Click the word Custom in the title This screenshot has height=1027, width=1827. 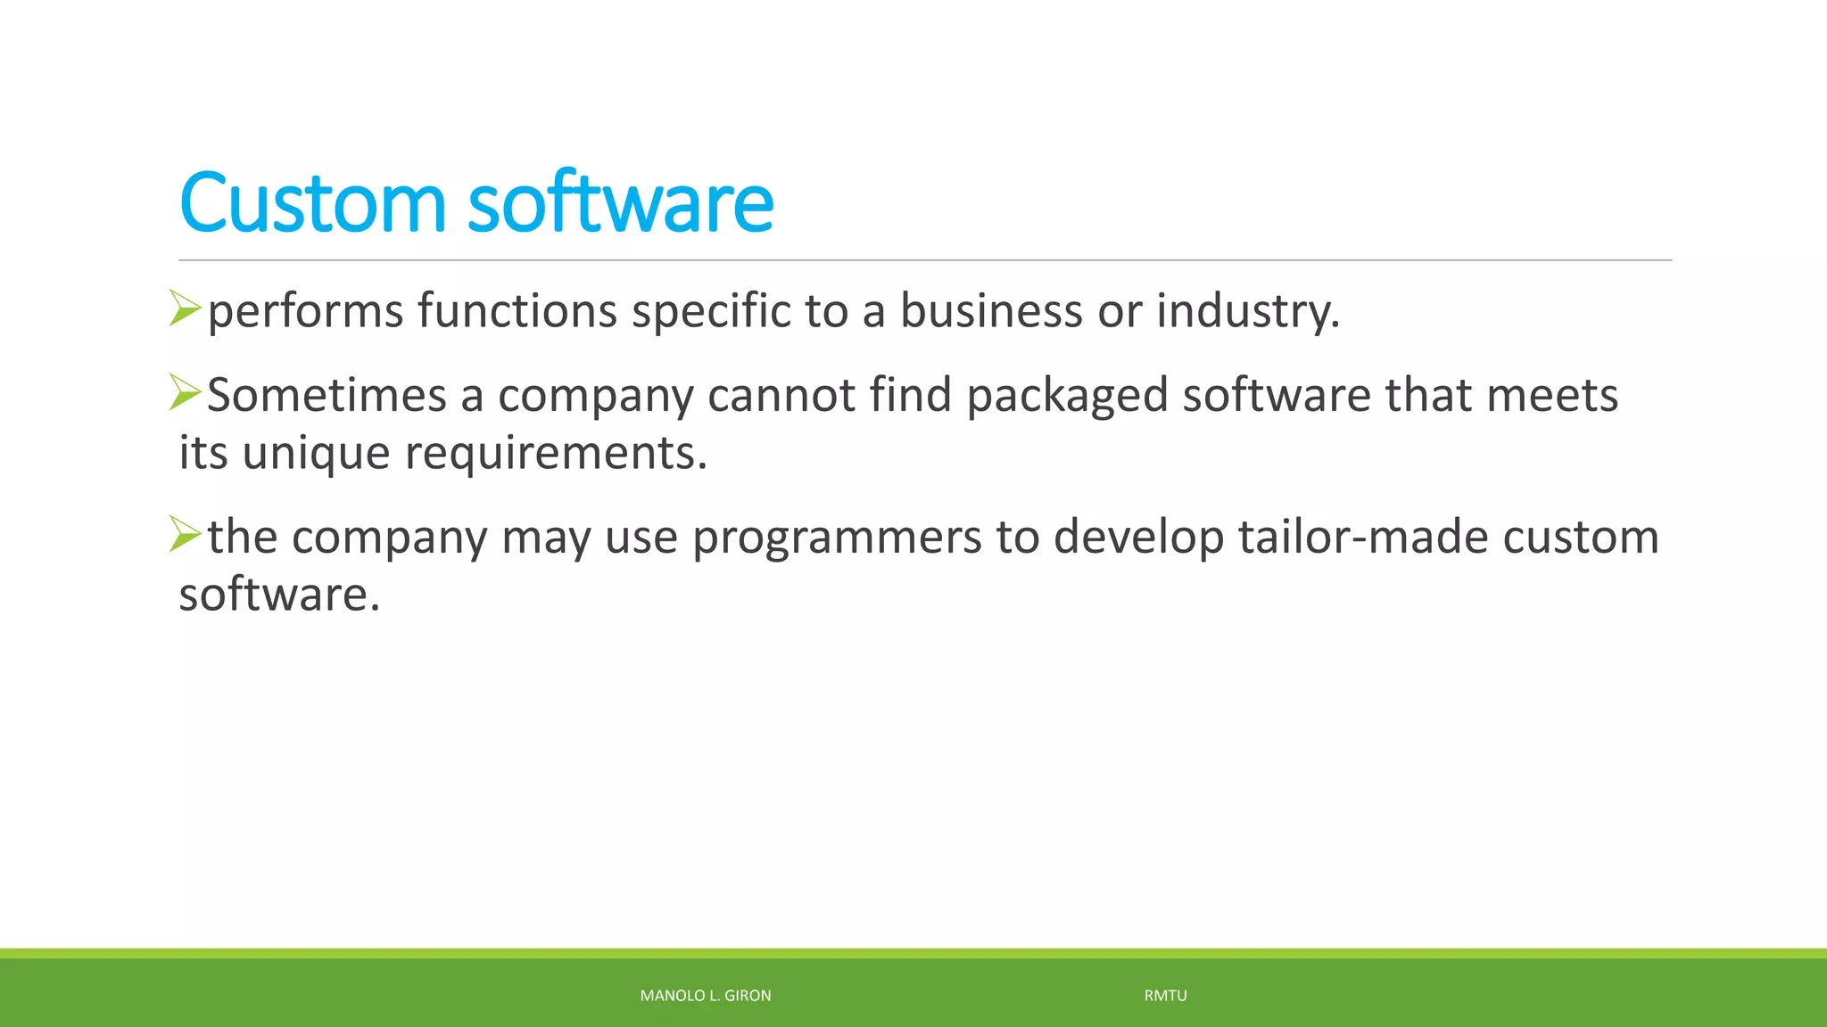[x=311, y=203]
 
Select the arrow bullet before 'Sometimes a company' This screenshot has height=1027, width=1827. [x=186, y=392]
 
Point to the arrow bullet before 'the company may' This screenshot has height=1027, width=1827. [x=186, y=534]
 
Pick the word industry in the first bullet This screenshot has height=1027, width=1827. [x=1248, y=312]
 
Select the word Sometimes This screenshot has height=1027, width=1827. [x=327, y=395]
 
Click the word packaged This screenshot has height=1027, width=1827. [x=1067, y=397]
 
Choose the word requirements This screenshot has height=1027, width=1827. [x=556, y=454]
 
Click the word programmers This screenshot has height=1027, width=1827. [x=837, y=538]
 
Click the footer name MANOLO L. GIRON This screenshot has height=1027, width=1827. [x=706, y=996]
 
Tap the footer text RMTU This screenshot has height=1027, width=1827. [x=1165, y=996]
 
